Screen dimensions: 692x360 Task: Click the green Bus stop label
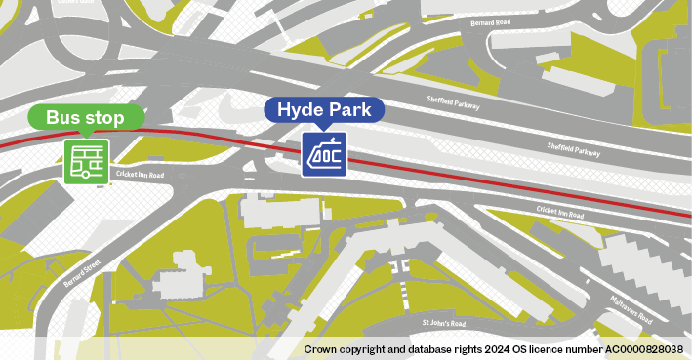coord(89,118)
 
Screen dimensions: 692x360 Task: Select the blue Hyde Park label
coord(325,110)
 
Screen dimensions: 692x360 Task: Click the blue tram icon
coord(324,154)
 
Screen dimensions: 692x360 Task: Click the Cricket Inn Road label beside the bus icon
coord(139,174)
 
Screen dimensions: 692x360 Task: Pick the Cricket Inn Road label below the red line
coord(560,212)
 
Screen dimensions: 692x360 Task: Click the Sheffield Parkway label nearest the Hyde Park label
coord(455,100)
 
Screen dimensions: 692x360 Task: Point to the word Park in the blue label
coord(350,110)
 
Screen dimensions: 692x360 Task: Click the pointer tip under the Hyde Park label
coord(324,128)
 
